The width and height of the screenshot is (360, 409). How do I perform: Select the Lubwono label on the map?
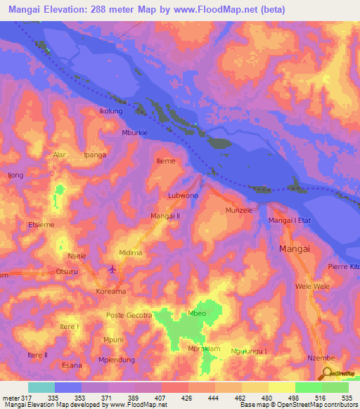tap(184, 195)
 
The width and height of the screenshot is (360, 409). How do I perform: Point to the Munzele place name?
tap(239, 209)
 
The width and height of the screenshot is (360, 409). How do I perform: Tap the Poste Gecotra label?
tap(129, 315)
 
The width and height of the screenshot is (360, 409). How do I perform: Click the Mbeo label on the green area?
tap(196, 313)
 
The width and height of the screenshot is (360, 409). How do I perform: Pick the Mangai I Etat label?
tap(290, 221)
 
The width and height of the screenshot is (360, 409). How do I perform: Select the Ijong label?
tap(15, 174)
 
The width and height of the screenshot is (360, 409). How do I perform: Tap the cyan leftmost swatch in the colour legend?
tap(41, 387)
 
